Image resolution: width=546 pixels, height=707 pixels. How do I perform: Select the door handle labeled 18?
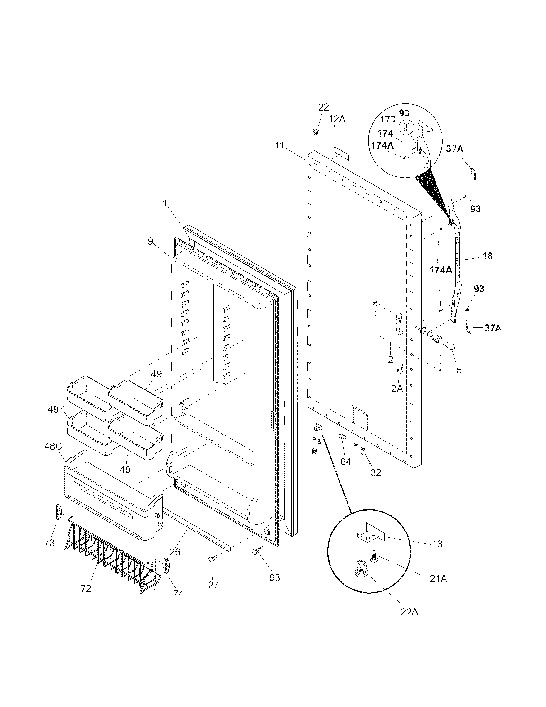pyautogui.click(x=457, y=259)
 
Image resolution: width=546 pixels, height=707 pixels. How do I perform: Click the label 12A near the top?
pyautogui.click(x=337, y=119)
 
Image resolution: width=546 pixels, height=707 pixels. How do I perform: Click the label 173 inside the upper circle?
pyautogui.click(x=388, y=119)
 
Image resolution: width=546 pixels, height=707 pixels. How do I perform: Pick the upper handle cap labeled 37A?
pyautogui.click(x=473, y=175)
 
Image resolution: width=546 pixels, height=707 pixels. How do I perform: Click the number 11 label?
pyautogui.click(x=279, y=145)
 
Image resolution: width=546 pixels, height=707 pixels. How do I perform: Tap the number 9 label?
pyautogui.click(x=150, y=241)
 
